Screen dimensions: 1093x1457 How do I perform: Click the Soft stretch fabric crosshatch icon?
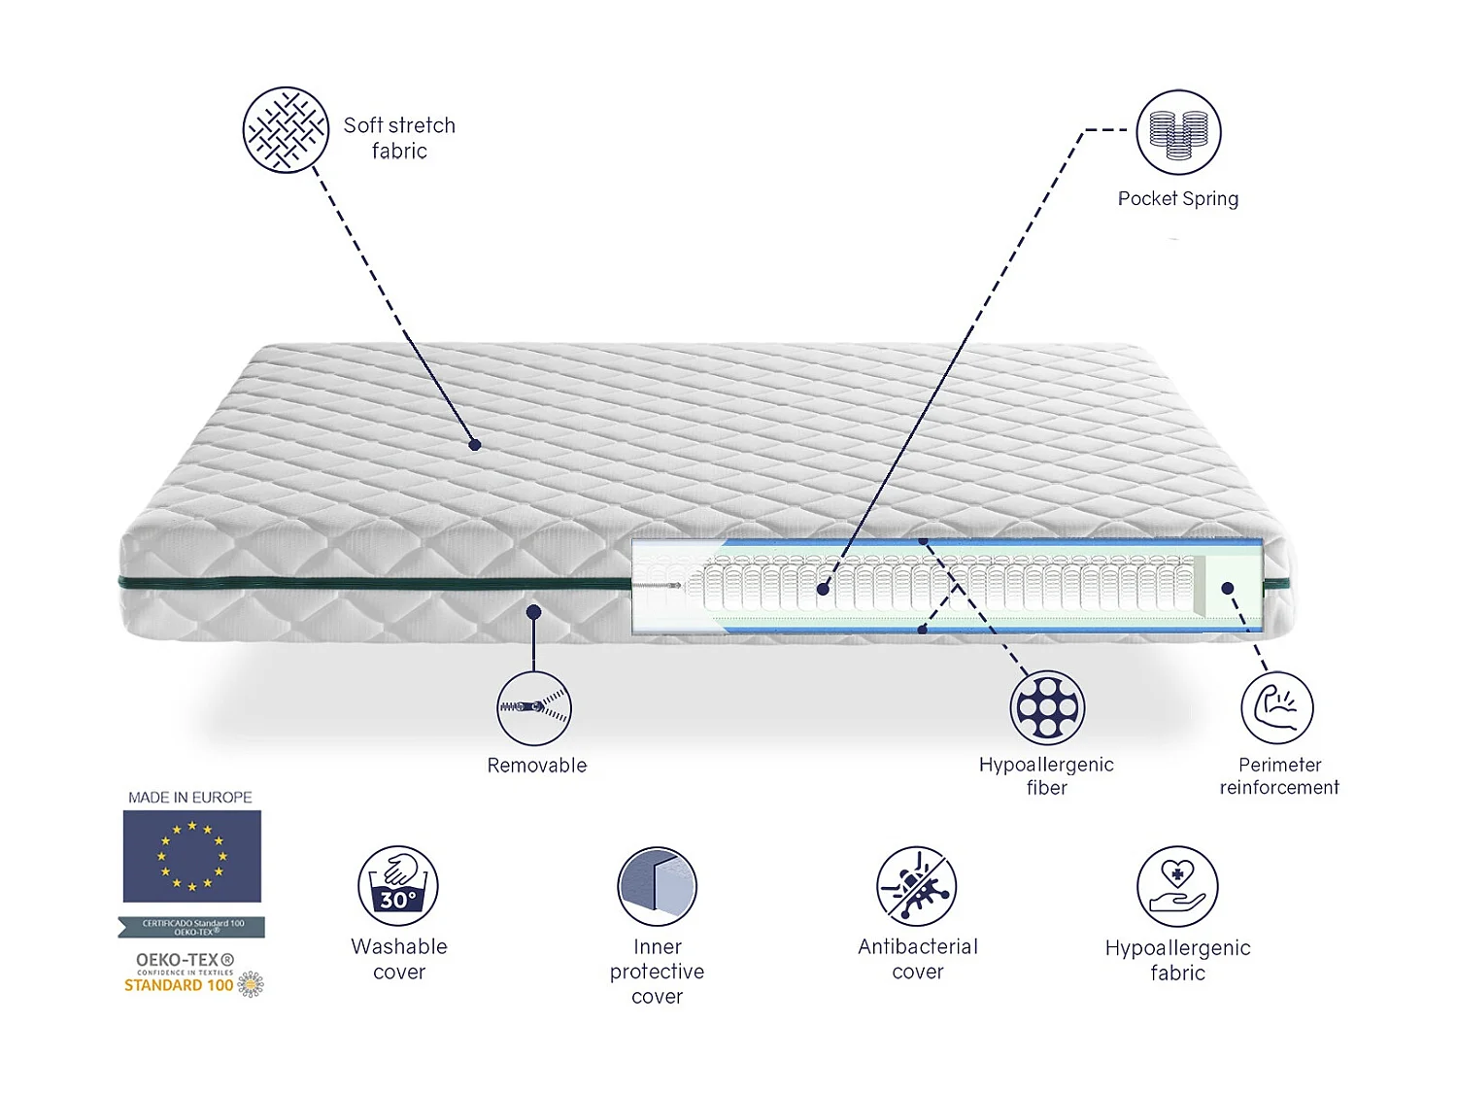point(286,130)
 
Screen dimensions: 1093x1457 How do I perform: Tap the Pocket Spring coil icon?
point(1178,132)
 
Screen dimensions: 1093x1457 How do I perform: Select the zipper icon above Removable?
point(534,708)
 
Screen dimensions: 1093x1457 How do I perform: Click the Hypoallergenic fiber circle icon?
point(1046,707)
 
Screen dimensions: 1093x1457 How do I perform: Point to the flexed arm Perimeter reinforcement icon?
point(1277,707)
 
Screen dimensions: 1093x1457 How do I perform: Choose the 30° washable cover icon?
point(398,885)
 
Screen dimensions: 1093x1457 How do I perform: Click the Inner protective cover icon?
point(658,886)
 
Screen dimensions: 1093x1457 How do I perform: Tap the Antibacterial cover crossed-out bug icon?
point(917,885)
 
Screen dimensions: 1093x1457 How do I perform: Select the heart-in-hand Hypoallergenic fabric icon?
point(1177,886)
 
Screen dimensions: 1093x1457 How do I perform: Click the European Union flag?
point(192,856)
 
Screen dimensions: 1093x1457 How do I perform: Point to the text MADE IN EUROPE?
point(190,798)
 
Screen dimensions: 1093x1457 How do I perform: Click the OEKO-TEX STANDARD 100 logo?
point(192,973)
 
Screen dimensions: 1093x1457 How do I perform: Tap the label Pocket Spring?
point(1177,199)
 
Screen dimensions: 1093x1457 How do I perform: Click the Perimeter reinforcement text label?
point(1279,776)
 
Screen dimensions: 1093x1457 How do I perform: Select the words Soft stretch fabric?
point(399,138)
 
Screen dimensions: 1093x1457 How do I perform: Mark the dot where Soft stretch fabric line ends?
point(475,445)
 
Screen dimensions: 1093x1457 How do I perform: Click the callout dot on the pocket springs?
point(823,589)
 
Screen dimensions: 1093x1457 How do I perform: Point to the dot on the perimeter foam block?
point(1228,588)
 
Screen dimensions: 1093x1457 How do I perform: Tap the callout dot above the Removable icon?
point(533,612)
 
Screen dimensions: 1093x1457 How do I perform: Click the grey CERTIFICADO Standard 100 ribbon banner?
point(192,927)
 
